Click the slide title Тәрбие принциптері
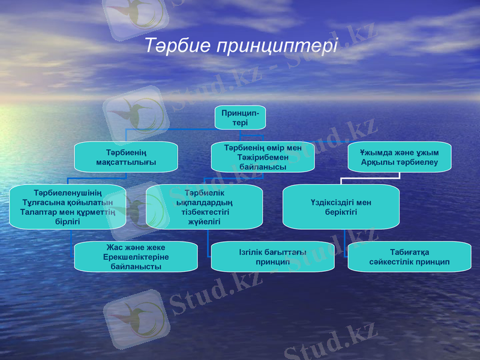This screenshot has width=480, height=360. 241,46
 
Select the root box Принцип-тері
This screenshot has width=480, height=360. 240,118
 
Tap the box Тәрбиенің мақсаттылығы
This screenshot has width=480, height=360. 126,157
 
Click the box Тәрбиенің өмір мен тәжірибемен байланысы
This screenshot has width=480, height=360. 263,157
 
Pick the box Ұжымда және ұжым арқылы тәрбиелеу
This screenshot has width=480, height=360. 400,157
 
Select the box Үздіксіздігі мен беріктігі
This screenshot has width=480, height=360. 341,207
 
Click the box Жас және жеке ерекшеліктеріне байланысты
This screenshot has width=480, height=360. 136,257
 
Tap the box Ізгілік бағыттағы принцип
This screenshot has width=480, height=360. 272,257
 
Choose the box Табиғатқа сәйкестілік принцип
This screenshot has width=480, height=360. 409,257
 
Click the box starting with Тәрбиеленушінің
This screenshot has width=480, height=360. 67,207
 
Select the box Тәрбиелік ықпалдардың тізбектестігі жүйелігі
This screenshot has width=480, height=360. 204,207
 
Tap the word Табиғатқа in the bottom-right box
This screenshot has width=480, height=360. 409,252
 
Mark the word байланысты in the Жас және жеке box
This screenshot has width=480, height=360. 136,266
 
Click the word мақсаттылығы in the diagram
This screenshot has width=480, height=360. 126,163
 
